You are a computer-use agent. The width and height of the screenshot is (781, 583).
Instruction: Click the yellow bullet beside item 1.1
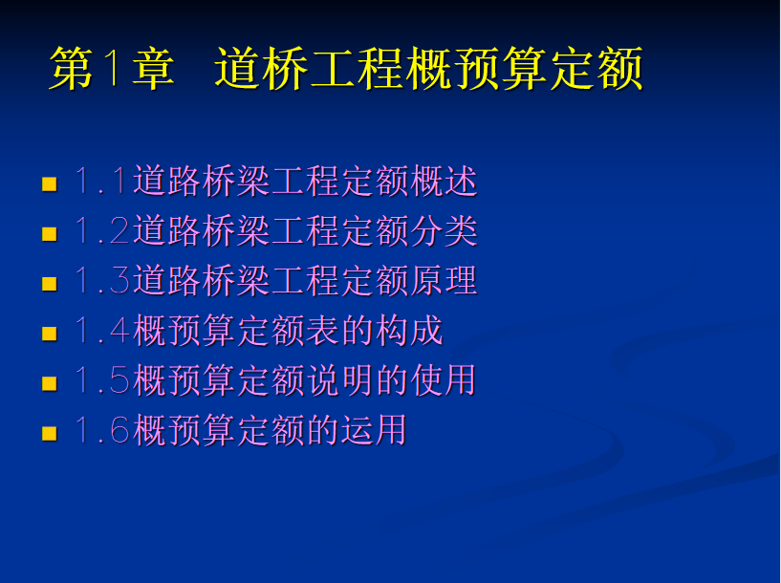click(x=50, y=184)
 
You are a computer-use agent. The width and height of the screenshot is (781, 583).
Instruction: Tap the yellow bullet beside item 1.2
click(x=50, y=233)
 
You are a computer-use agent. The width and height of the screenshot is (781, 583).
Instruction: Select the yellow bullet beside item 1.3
click(x=50, y=283)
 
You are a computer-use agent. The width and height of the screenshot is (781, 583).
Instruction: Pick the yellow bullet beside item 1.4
click(x=50, y=333)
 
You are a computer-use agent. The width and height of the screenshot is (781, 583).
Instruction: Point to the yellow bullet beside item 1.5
click(x=50, y=383)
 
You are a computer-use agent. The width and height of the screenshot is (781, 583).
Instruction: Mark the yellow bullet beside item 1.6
click(x=50, y=433)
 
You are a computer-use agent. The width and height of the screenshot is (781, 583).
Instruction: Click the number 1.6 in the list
click(x=102, y=429)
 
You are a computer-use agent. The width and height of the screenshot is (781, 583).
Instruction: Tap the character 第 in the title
click(x=72, y=68)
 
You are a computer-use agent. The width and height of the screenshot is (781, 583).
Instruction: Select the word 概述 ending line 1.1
click(x=445, y=181)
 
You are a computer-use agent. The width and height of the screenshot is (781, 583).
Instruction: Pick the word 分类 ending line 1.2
click(x=445, y=230)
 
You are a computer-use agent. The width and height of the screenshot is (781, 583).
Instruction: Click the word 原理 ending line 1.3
click(x=445, y=280)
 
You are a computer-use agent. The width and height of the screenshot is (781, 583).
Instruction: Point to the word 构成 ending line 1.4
click(x=409, y=330)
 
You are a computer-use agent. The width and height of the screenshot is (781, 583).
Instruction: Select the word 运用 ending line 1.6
click(x=375, y=429)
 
